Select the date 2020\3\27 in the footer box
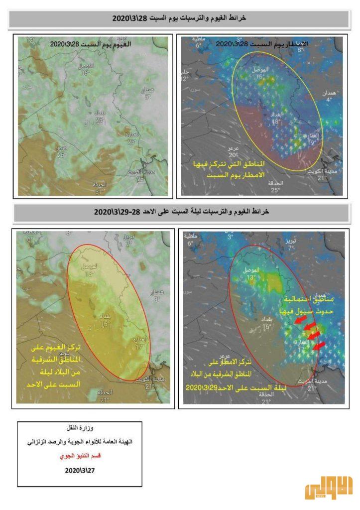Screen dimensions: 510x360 click(x=80, y=470)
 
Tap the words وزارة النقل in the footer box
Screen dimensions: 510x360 click(x=80, y=428)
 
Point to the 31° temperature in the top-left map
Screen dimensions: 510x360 click(x=101, y=192)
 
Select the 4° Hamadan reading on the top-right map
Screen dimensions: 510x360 click(x=329, y=100)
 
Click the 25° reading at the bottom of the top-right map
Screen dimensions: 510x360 click(x=274, y=190)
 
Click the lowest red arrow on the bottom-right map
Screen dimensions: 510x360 click(x=320, y=345)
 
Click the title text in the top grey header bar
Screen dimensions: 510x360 click(x=180, y=18)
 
